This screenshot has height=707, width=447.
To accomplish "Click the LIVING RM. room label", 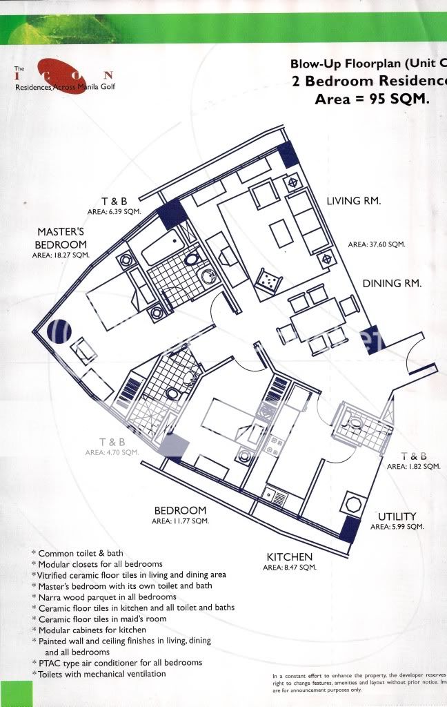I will [354, 201].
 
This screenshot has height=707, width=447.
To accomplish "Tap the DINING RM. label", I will [393, 283].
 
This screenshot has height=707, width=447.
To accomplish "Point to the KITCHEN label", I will [290, 556].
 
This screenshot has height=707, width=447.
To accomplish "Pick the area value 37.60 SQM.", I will [376, 244].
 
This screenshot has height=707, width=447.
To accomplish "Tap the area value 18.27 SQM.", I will [61, 255].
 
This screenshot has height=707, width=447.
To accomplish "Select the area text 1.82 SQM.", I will [413, 467].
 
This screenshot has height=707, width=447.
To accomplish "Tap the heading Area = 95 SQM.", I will [372, 99].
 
